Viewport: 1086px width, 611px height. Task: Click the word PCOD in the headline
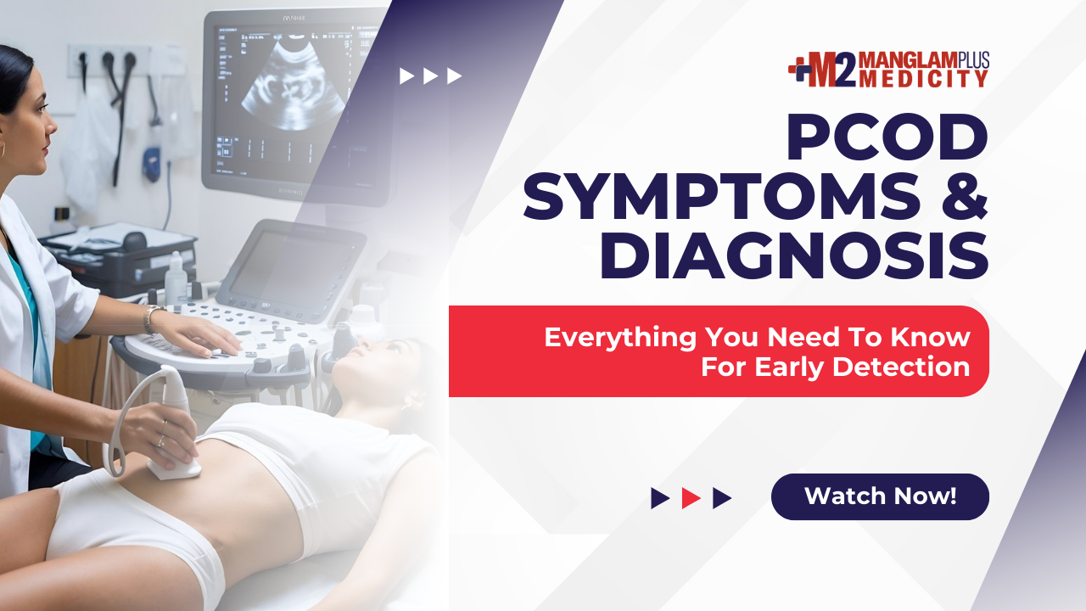point(887,137)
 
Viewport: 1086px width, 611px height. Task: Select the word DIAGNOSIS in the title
point(794,255)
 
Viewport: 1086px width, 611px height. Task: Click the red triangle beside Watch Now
point(691,498)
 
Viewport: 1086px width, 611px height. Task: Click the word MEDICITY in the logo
point(923,79)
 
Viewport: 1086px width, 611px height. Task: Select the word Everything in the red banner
point(620,338)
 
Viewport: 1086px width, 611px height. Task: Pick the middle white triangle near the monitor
point(430,76)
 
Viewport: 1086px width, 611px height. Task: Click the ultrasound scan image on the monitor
point(294,87)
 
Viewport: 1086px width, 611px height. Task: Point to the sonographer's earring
point(2,150)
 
